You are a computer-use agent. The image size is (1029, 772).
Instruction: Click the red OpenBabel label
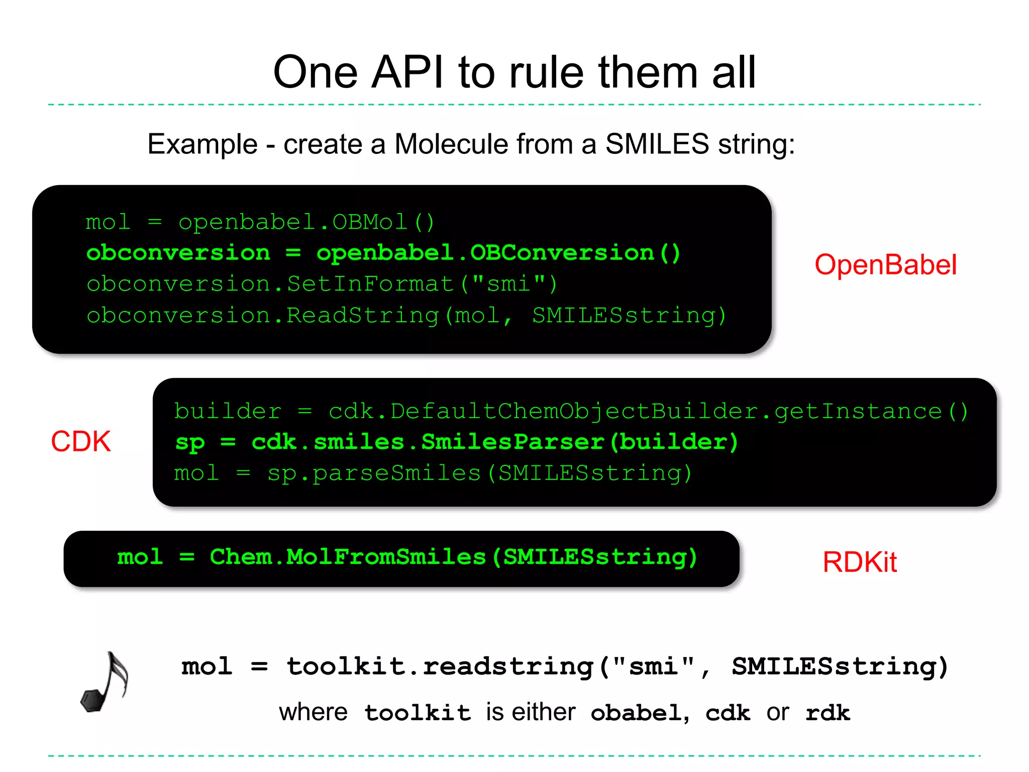coord(885,265)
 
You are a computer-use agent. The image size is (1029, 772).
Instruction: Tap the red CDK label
coord(80,442)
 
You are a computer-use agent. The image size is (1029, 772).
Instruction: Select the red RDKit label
coord(859,562)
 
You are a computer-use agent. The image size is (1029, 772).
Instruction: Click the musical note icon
coord(105,682)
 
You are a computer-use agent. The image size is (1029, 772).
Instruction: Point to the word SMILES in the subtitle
coord(657,144)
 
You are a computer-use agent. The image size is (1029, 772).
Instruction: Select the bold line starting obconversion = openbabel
coord(383,253)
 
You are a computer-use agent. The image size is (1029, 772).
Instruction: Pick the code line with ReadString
coord(406,316)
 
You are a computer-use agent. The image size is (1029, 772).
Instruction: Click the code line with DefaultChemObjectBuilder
coord(571,412)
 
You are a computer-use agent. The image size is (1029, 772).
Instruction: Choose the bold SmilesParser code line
coord(456,442)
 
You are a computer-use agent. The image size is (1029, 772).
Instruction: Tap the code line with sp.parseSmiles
coord(433,473)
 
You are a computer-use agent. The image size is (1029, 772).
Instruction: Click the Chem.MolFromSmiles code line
coord(407,557)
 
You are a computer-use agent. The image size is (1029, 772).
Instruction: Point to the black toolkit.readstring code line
coord(565,667)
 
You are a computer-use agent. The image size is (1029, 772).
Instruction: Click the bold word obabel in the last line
coord(636,713)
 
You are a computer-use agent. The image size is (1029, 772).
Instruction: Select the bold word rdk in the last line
coord(828,713)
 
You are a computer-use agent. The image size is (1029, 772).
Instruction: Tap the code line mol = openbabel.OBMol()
coord(260,222)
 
